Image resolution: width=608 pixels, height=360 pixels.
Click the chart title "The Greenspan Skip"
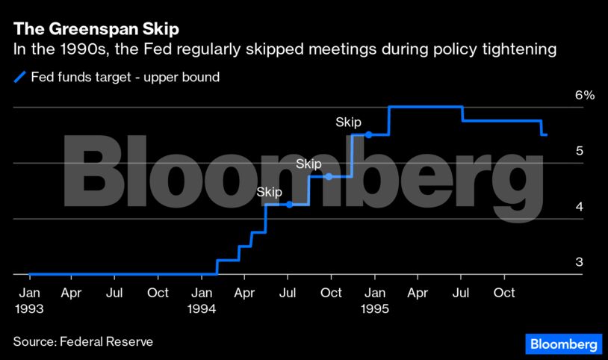[96, 30]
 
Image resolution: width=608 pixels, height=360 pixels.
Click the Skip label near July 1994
[269, 192]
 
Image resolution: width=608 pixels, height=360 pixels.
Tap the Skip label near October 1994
[308, 164]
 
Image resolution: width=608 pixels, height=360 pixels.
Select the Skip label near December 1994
[348, 122]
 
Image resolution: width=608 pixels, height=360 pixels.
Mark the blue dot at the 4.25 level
[289, 205]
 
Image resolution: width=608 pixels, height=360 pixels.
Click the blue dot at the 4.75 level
[329, 177]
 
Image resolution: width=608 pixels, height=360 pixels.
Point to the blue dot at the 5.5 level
[368, 134]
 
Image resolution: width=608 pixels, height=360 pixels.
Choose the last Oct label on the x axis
[504, 293]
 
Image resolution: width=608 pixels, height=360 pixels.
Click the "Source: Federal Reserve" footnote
[83, 341]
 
